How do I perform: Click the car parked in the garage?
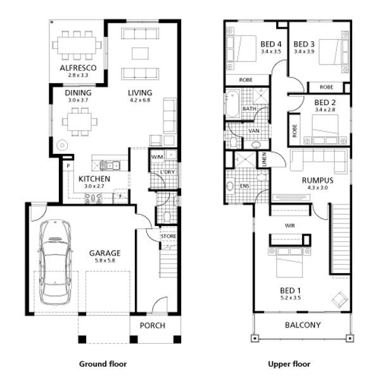(55, 262)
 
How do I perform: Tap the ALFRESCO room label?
(78, 68)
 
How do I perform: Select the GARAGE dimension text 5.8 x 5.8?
(104, 260)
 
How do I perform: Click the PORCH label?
(153, 326)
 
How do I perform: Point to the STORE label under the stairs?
(168, 236)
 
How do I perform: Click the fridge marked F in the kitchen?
(120, 196)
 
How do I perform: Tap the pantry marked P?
(68, 166)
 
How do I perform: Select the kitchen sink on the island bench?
(110, 165)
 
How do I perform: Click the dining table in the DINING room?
(80, 122)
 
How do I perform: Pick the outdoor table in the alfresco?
(77, 46)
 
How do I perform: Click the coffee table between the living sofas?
(140, 53)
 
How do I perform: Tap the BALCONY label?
(303, 325)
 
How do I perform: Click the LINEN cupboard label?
(264, 159)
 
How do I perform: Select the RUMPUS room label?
(317, 180)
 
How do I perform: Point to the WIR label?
(290, 225)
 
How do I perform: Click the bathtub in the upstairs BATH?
(232, 104)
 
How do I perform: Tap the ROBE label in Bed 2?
(294, 131)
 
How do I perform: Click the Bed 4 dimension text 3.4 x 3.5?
(271, 51)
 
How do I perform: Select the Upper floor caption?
(289, 364)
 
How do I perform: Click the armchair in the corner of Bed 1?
(339, 300)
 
